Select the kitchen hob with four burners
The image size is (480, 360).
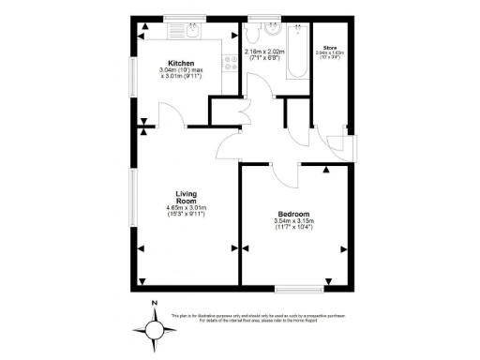point(228,65)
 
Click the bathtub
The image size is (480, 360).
point(299,52)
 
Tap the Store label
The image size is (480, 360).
point(330,46)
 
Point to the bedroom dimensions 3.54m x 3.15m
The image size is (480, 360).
point(293,221)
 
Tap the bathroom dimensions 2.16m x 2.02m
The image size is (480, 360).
point(264,52)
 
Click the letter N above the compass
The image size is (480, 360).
point(154,303)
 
